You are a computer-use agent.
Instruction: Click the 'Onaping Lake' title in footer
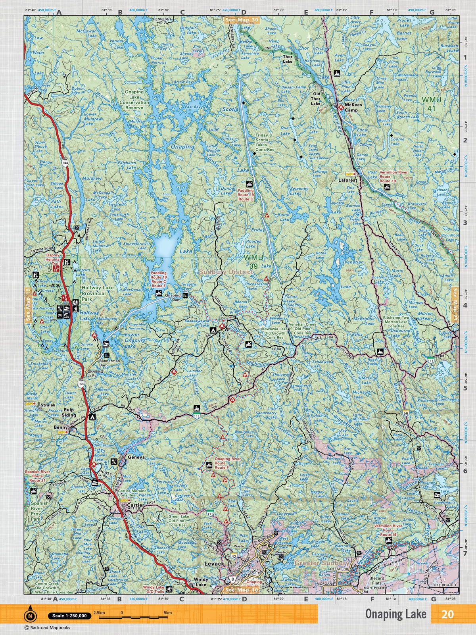pos(395,614)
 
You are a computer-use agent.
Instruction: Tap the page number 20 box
pos(447,614)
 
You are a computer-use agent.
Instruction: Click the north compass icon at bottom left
pos(30,616)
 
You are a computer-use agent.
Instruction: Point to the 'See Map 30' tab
pos(242,19)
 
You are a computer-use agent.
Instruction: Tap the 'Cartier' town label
pos(136,505)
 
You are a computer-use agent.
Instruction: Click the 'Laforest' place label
pos(348,180)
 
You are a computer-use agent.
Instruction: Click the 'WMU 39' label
pos(253,261)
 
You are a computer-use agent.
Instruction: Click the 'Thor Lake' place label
pos(288,59)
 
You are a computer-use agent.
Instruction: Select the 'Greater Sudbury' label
pos(322,563)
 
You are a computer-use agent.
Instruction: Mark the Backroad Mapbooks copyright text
pos(47,627)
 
